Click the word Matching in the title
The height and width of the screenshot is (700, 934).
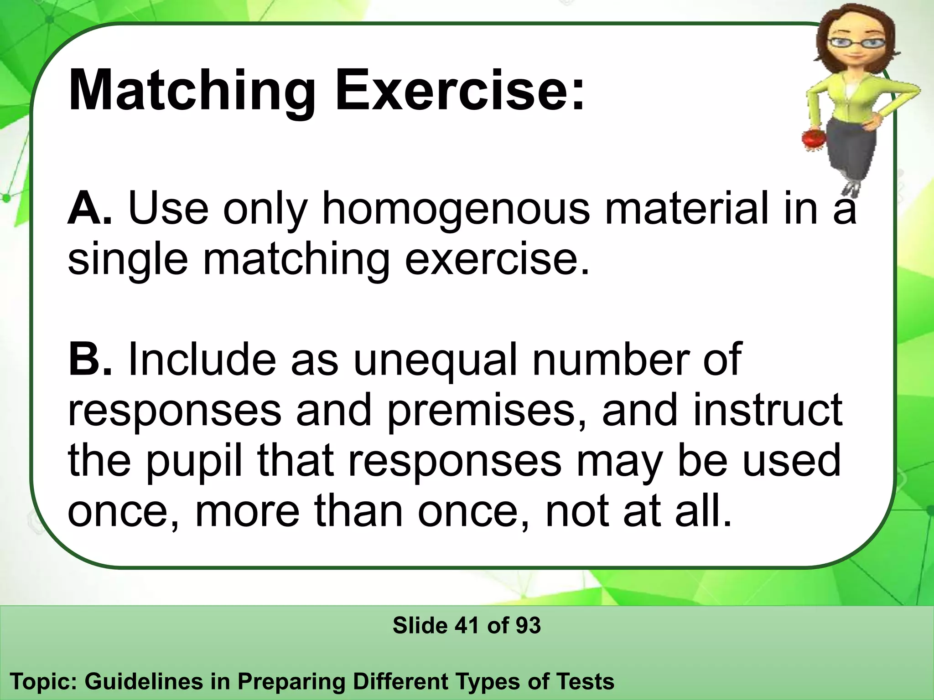point(192,91)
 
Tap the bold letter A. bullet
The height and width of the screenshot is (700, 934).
point(89,209)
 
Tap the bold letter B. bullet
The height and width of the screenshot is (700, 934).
point(89,360)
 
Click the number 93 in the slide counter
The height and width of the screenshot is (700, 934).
point(528,625)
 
